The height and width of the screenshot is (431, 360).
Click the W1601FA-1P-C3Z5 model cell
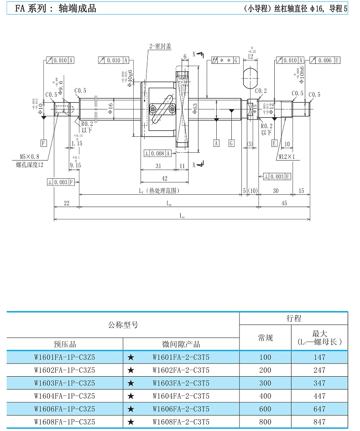click(x=65, y=357)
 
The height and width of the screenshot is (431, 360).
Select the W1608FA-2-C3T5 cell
click(x=181, y=422)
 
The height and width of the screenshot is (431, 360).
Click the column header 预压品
click(x=65, y=344)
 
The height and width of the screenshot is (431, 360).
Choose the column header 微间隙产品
click(x=181, y=344)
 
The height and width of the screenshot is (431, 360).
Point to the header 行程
click(x=293, y=319)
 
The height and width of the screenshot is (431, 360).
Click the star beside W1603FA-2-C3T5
click(x=131, y=383)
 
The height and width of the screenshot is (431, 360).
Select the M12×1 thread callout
click(x=286, y=157)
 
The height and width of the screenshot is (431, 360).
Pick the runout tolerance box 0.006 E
click(x=324, y=61)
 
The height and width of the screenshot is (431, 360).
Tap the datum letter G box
click(x=231, y=143)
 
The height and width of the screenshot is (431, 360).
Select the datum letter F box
click(x=44, y=143)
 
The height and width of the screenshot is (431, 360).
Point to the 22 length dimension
click(x=67, y=203)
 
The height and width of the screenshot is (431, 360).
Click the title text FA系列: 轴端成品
click(x=56, y=9)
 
